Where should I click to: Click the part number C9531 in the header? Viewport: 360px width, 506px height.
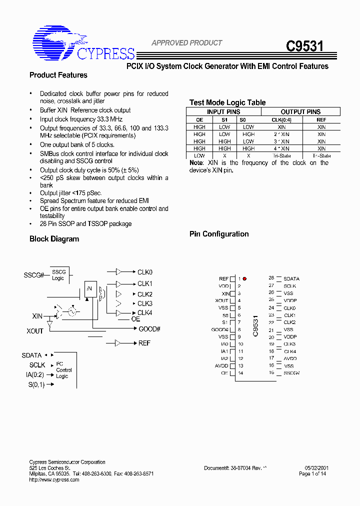point(304,46)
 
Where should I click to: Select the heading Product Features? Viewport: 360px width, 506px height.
point(58,75)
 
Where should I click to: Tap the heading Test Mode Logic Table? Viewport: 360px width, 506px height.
point(227,102)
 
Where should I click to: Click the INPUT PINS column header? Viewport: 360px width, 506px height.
point(223,112)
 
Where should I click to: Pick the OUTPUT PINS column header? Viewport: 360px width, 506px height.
point(300,112)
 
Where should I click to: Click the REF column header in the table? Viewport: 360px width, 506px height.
point(321,119)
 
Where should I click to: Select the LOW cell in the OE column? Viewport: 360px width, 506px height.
point(199,155)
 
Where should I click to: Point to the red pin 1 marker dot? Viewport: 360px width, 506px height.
point(244,278)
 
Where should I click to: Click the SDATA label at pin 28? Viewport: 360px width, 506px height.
point(291,278)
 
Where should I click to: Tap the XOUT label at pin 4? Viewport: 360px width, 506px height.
point(221,300)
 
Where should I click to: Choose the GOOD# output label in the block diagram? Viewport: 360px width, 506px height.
point(149,328)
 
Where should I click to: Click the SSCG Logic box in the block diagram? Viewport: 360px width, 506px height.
point(58,275)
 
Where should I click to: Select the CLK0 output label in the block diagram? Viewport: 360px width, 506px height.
point(145,272)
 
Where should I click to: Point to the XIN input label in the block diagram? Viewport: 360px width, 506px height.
point(37,316)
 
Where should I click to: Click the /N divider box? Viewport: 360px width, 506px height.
point(90,288)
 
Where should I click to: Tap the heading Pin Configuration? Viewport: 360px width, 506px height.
point(218,234)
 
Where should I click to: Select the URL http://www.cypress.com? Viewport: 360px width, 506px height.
point(54,479)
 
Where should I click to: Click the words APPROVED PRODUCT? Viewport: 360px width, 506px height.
point(186,43)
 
